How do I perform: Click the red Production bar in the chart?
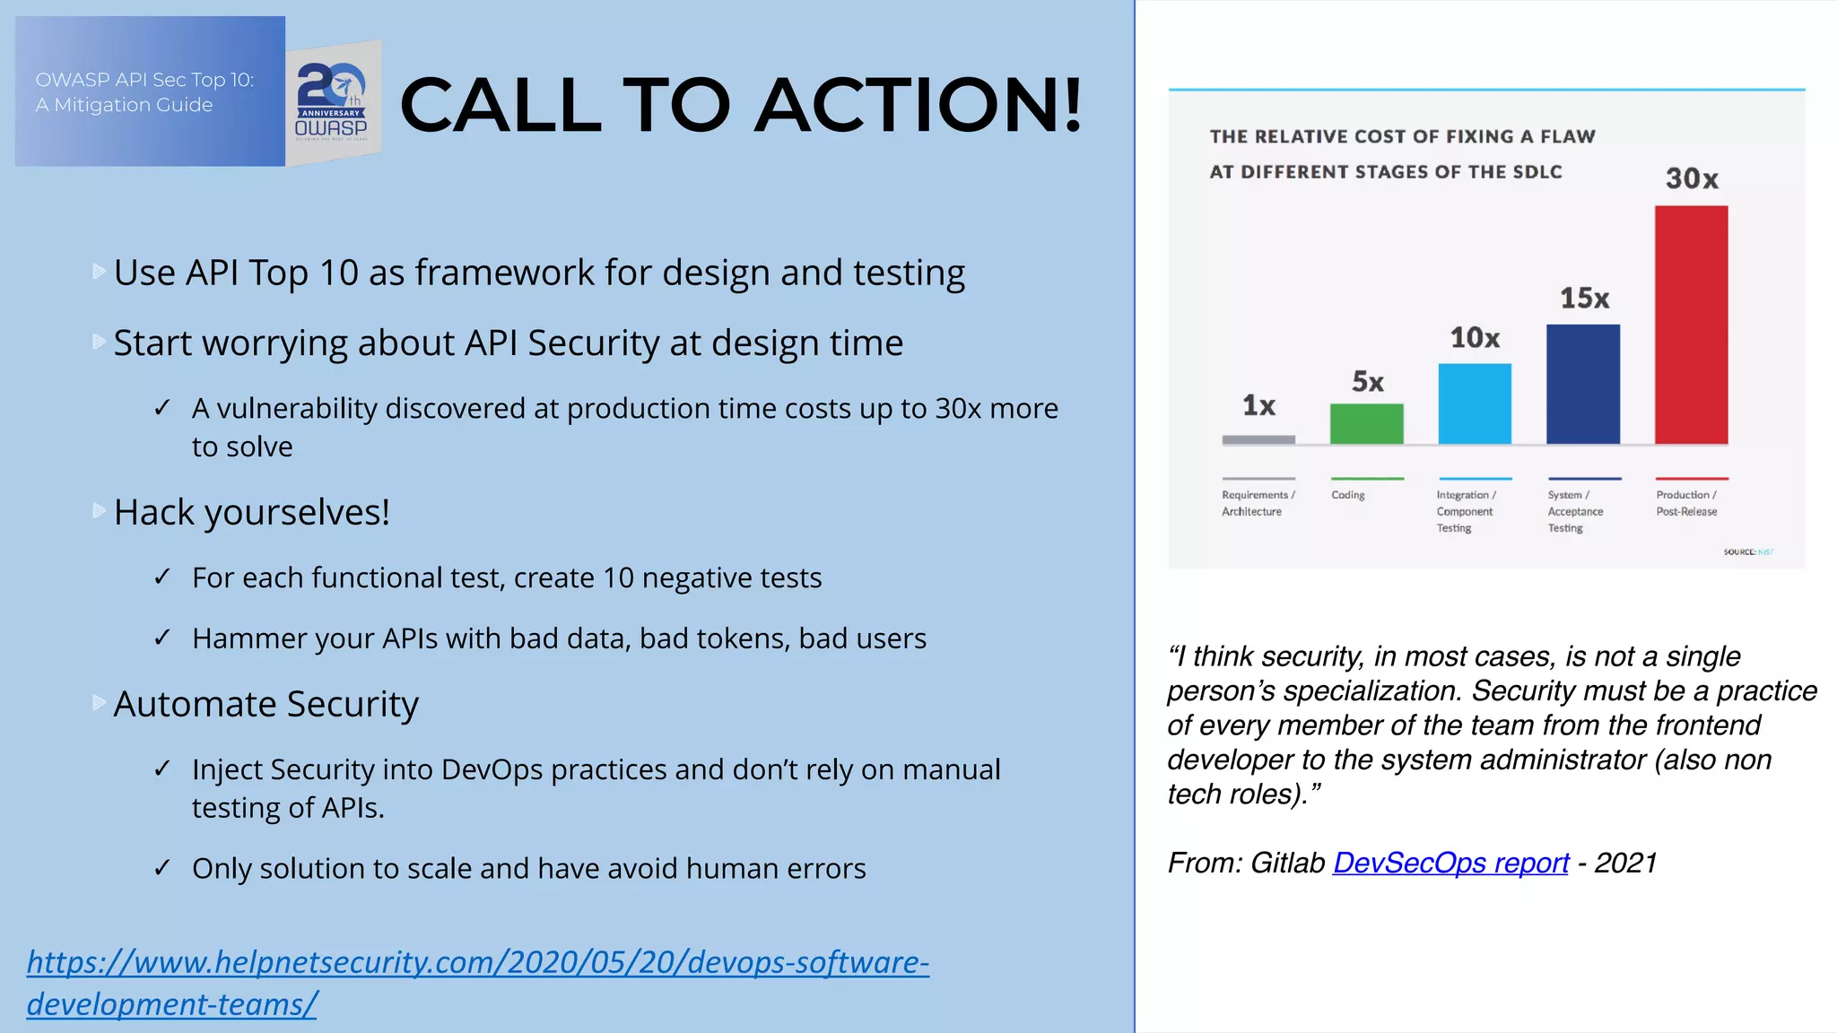[1691, 325]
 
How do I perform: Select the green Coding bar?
[1366, 423]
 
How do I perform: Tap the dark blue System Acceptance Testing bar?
[1583, 384]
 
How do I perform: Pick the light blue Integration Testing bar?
[1475, 404]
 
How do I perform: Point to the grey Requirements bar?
[1258, 439]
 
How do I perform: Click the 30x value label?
[1692, 178]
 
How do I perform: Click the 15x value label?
[1584, 298]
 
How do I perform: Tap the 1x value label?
[1258, 405]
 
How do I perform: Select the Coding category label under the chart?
[1347, 495]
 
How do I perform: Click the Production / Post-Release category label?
[1686, 503]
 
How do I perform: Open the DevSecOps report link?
[1450, 863]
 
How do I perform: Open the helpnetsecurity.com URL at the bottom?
[477, 963]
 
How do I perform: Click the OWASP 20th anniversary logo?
[332, 101]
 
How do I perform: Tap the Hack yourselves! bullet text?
[251, 512]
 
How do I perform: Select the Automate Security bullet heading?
[266, 704]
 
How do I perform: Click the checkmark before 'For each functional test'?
[162, 577]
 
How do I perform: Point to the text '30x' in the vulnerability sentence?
[958, 408]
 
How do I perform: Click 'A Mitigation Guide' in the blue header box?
[124, 105]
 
